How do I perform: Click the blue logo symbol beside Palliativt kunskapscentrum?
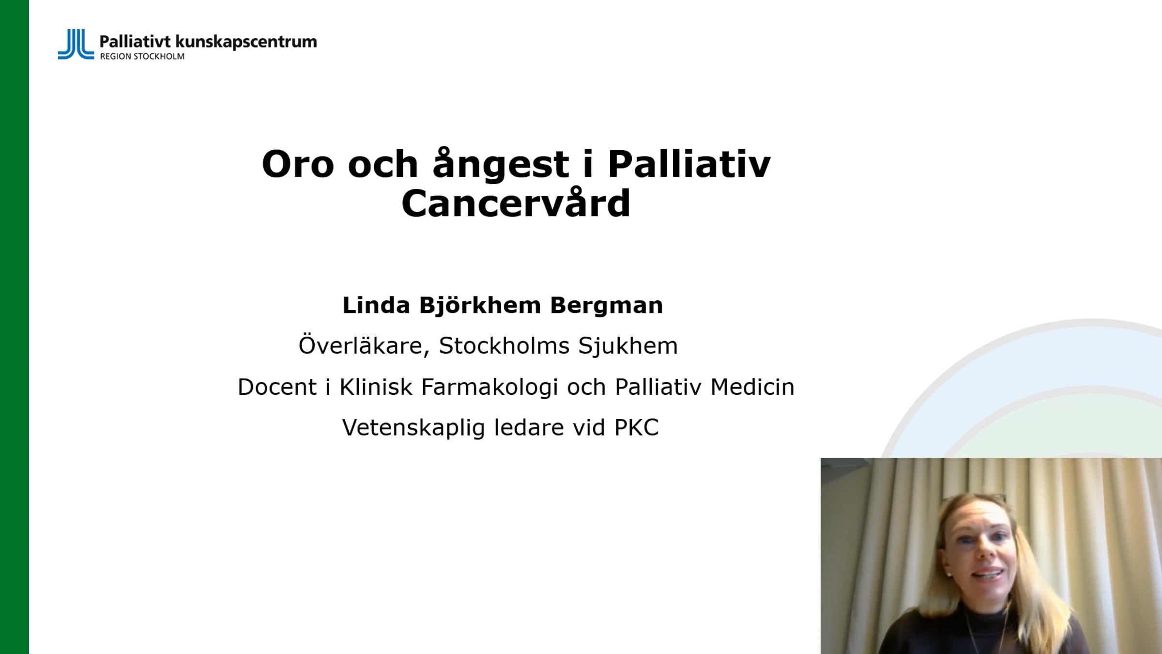point(76,44)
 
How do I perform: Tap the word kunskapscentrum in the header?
point(245,42)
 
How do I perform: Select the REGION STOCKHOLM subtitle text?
point(142,56)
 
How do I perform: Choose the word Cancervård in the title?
point(516,203)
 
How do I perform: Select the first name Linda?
point(376,305)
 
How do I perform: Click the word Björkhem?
point(480,306)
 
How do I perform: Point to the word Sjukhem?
point(628,346)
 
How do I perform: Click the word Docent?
point(277,387)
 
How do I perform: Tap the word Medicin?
point(752,387)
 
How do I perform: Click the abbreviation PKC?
point(637,428)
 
